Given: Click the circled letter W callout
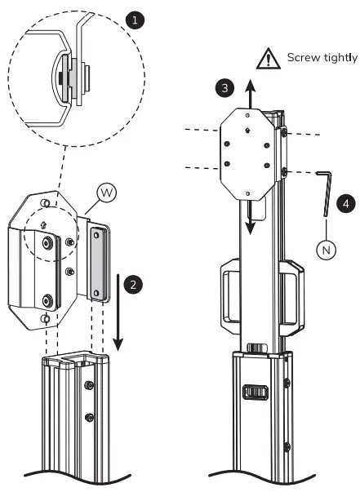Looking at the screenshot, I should point(105,193).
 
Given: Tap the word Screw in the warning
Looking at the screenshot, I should point(301,57).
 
